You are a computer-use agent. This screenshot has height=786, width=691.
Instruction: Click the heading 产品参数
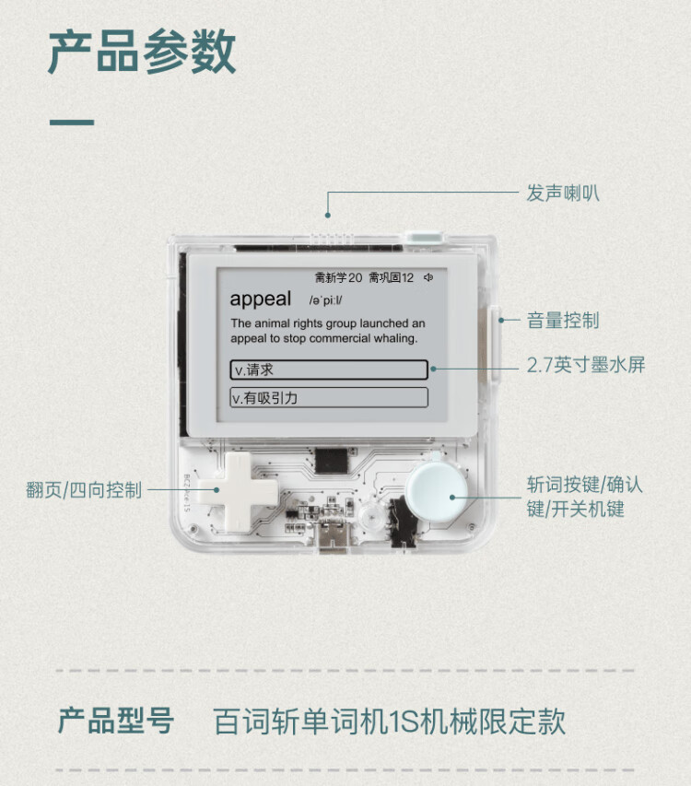(x=142, y=53)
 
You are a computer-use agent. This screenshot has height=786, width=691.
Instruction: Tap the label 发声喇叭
(x=563, y=193)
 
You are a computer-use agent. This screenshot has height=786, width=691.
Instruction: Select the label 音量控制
(x=563, y=321)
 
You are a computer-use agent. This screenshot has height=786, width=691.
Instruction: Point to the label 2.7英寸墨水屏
(x=586, y=365)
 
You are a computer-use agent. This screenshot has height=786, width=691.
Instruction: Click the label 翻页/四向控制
(x=84, y=490)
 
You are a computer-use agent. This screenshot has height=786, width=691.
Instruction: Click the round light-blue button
(x=439, y=495)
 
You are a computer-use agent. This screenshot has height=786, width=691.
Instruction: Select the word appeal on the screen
(x=260, y=299)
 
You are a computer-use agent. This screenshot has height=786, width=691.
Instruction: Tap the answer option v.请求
(x=328, y=370)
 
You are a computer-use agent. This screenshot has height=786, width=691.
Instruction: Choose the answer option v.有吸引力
(x=328, y=398)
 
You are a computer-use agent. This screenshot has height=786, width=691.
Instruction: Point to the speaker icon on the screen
(x=428, y=276)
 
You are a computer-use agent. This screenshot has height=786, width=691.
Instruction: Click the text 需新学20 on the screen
(x=338, y=276)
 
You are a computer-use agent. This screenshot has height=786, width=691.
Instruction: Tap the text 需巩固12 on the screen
(x=391, y=276)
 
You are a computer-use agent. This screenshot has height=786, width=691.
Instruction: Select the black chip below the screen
(x=330, y=459)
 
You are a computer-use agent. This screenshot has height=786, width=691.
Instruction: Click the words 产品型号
(x=116, y=721)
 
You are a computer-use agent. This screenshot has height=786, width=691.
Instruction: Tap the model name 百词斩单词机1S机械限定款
(x=389, y=721)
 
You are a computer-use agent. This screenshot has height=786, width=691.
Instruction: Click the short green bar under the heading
(x=71, y=122)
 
